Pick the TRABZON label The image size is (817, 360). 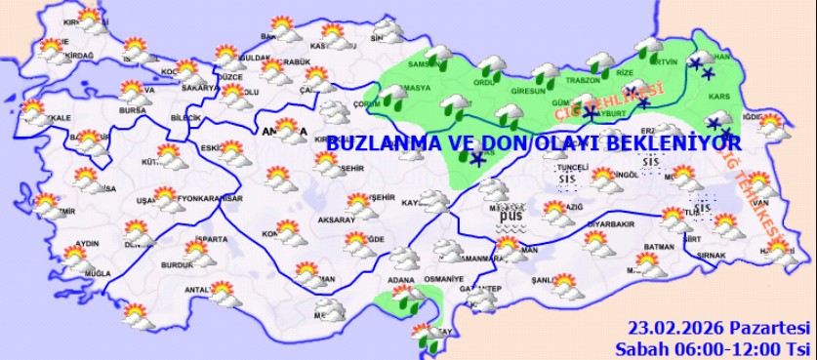click(583, 80)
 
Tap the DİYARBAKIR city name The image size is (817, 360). click(610, 223)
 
